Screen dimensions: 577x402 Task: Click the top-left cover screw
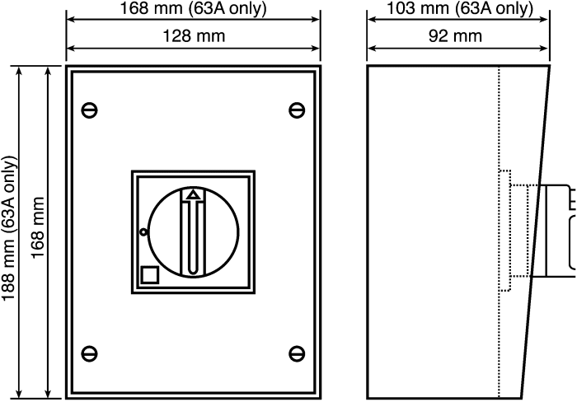coord(89,110)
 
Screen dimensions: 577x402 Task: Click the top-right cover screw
coord(297,110)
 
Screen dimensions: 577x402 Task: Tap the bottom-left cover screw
coord(89,354)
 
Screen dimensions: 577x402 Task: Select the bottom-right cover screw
coord(297,354)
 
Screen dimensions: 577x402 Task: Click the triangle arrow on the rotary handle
coord(193,195)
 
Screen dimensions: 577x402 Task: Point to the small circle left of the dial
coord(143,232)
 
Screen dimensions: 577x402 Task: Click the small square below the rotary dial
coord(150,275)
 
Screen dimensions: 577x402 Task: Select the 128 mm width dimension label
coord(194,36)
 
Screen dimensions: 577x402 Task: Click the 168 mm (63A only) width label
coord(193,8)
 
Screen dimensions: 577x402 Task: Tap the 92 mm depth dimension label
coord(455,36)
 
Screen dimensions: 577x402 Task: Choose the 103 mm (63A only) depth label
coord(460,8)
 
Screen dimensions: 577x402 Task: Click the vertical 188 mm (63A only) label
coord(9,228)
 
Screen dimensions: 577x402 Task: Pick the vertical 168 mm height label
coord(38,228)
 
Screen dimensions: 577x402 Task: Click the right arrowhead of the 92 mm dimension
coord(544,48)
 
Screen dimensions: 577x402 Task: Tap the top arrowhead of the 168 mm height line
coord(48,72)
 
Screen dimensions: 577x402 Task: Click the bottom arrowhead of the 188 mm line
coord(20,393)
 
